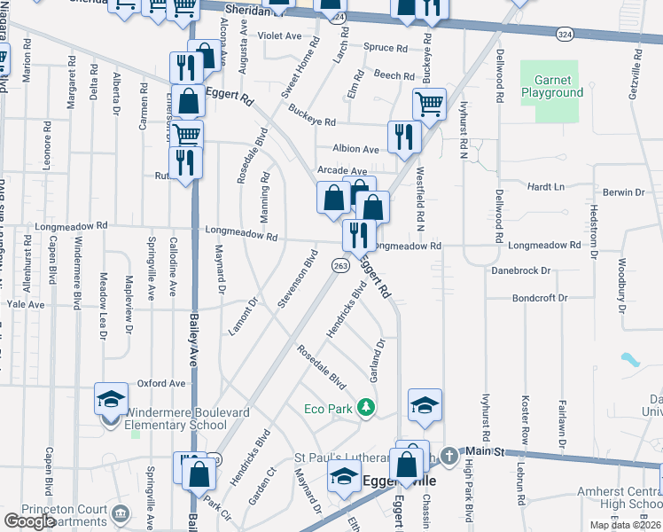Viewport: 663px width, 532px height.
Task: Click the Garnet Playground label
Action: (551, 86)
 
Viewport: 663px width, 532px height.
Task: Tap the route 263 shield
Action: (339, 265)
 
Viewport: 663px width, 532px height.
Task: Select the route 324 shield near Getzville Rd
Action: (565, 33)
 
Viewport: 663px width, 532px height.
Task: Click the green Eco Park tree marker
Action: (364, 409)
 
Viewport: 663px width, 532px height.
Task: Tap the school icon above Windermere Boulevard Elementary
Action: (111, 400)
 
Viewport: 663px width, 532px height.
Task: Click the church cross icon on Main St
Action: (449, 456)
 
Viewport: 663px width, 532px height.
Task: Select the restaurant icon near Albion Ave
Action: (403, 136)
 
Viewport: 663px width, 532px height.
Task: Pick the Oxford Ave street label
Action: (160, 384)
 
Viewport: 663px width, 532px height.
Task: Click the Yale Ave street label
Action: (25, 304)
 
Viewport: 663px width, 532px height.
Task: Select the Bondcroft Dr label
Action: (539, 298)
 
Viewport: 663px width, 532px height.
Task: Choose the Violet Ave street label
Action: (280, 36)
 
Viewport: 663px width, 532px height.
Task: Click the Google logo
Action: (29, 521)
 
